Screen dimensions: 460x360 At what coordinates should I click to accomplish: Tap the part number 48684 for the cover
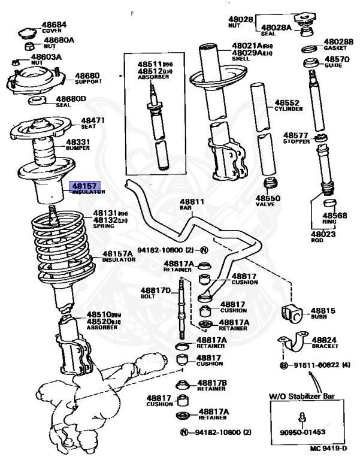pyautogui.click(x=54, y=25)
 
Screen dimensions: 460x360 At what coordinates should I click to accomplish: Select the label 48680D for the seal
pyautogui.click(x=71, y=99)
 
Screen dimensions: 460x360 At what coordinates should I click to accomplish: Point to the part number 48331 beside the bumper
pyautogui.click(x=78, y=143)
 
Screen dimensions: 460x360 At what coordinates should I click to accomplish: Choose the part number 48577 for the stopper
pyautogui.click(x=296, y=135)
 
